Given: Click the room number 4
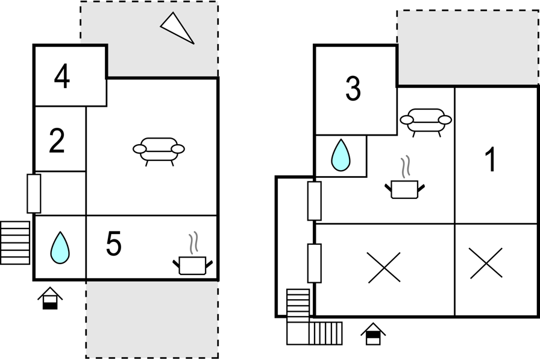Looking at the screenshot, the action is pos(62,76).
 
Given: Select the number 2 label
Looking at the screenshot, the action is pos(57,141).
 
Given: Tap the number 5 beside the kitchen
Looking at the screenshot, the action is pos(114,243).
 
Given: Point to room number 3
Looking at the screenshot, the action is pos(353,89).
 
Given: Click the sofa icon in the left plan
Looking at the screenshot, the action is pos(159,151).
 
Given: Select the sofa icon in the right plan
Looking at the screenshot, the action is pos(425,122).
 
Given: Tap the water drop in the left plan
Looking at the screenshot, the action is pos(60,248).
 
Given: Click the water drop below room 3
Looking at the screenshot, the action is pos(341,156).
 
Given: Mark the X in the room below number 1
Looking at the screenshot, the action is pos(486,263).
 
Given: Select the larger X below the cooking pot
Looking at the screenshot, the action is pos(384,268).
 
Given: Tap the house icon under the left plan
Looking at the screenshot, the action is pos(50,298).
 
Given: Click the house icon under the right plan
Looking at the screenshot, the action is pos(373,334).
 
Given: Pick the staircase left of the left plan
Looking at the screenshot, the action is pos(15,243).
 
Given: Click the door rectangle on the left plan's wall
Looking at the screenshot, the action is pos(34,194).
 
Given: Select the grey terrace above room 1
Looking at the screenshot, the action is pos(468,48).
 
